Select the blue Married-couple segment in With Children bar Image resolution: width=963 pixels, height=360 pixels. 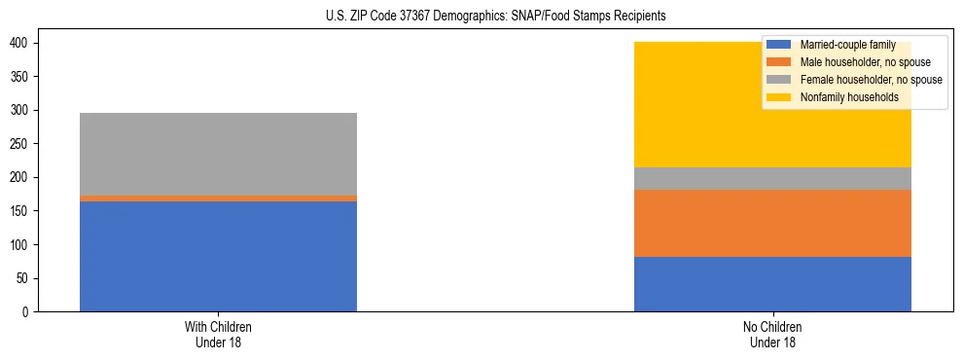click(x=218, y=256)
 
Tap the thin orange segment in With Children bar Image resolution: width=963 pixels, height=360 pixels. click(x=218, y=198)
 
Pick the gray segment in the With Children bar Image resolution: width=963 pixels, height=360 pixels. click(x=218, y=154)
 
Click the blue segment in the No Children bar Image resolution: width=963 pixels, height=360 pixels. click(x=772, y=284)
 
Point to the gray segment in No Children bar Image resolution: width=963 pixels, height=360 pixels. click(x=772, y=178)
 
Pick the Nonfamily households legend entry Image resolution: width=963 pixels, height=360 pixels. click(x=842, y=97)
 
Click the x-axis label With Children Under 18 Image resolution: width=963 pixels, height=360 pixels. click(x=218, y=334)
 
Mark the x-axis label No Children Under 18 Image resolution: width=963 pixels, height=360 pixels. click(x=772, y=334)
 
